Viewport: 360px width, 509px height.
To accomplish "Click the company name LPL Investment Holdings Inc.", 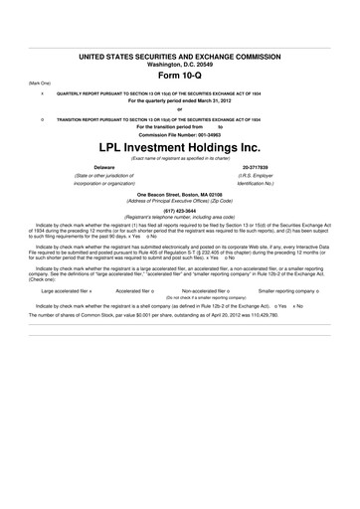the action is (180, 147).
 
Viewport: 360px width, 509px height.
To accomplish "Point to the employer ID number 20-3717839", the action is (256, 167).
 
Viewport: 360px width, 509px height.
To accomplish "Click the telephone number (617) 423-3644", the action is (180, 211).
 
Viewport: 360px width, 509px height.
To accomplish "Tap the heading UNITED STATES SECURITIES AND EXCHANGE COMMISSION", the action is (180, 47).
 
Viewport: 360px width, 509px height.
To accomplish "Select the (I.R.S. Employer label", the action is (256, 176).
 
